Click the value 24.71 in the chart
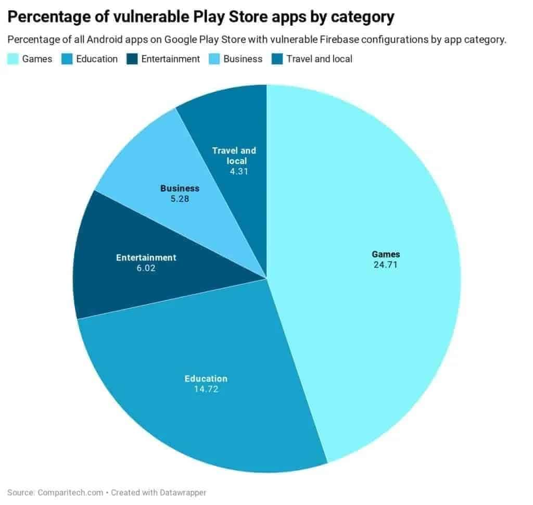tap(386, 264)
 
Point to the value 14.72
tap(206, 389)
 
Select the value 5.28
tap(180, 198)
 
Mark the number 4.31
tap(234, 171)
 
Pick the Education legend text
tap(97, 59)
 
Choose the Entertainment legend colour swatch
tap(132, 59)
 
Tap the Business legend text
tap(243, 59)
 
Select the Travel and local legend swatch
tap(277, 59)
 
